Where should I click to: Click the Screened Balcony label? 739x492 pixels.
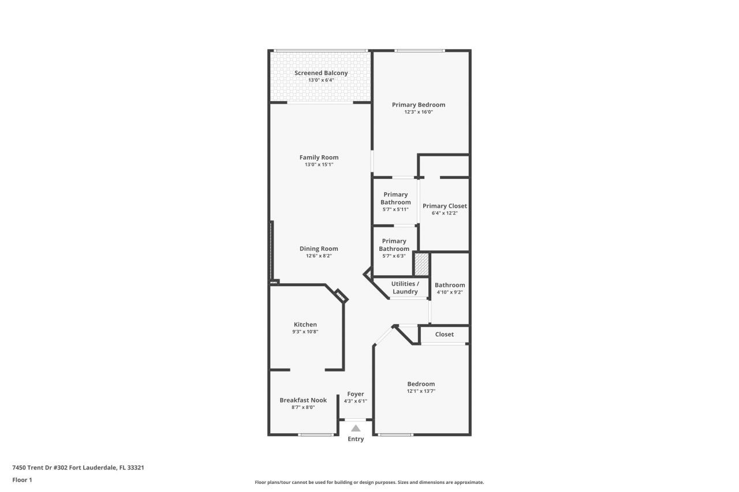point(321,73)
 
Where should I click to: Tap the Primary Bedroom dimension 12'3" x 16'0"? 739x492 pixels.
point(418,112)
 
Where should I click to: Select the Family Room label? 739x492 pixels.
point(319,157)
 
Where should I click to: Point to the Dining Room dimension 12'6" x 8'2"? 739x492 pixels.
point(319,256)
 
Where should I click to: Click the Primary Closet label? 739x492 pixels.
point(445,206)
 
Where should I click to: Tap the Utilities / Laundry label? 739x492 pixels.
point(405,288)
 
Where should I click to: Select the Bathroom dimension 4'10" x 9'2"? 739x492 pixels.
point(450,292)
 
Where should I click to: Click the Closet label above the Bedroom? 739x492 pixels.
point(444,335)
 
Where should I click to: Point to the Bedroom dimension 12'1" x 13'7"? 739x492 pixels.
point(421,391)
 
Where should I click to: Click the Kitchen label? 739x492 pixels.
point(305,325)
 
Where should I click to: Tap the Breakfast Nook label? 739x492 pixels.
point(303,400)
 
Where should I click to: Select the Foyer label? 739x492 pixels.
point(355,394)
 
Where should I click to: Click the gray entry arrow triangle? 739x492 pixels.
point(356,428)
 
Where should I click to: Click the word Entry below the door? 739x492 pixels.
point(356,440)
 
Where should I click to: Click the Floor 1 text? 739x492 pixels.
point(22,479)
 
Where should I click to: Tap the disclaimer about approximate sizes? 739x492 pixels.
point(369,482)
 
